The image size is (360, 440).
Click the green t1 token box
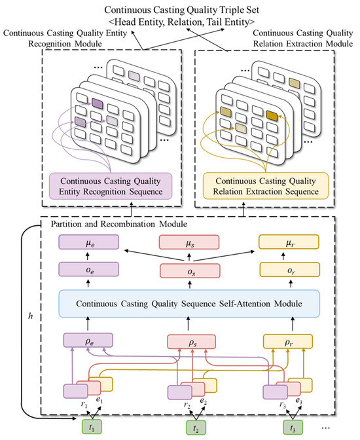[92, 427]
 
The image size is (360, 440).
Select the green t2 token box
[196, 428]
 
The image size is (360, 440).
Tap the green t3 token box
[293, 428]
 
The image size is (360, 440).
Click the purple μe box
[88, 242]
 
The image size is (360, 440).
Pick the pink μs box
[189, 242]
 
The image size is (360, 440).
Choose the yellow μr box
[289, 242]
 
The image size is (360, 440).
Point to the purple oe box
[88, 269]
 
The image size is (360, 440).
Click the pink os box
[190, 271]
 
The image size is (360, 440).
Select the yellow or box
[289, 270]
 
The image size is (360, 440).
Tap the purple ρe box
[88, 340]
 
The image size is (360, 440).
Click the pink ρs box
[191, 342]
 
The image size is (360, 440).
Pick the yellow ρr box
[287, 342]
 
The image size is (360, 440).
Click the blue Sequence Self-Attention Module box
[189, 304]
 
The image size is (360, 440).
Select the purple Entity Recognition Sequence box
[111, 187]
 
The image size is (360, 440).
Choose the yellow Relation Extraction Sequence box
[266, 186]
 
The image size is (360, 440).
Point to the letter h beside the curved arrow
[31, 316]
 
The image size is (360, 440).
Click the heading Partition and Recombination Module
[118, 224]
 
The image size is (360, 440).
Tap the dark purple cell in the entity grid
[98, 104]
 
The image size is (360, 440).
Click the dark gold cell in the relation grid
[272, 116]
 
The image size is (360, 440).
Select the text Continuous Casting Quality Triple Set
[181, 10]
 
